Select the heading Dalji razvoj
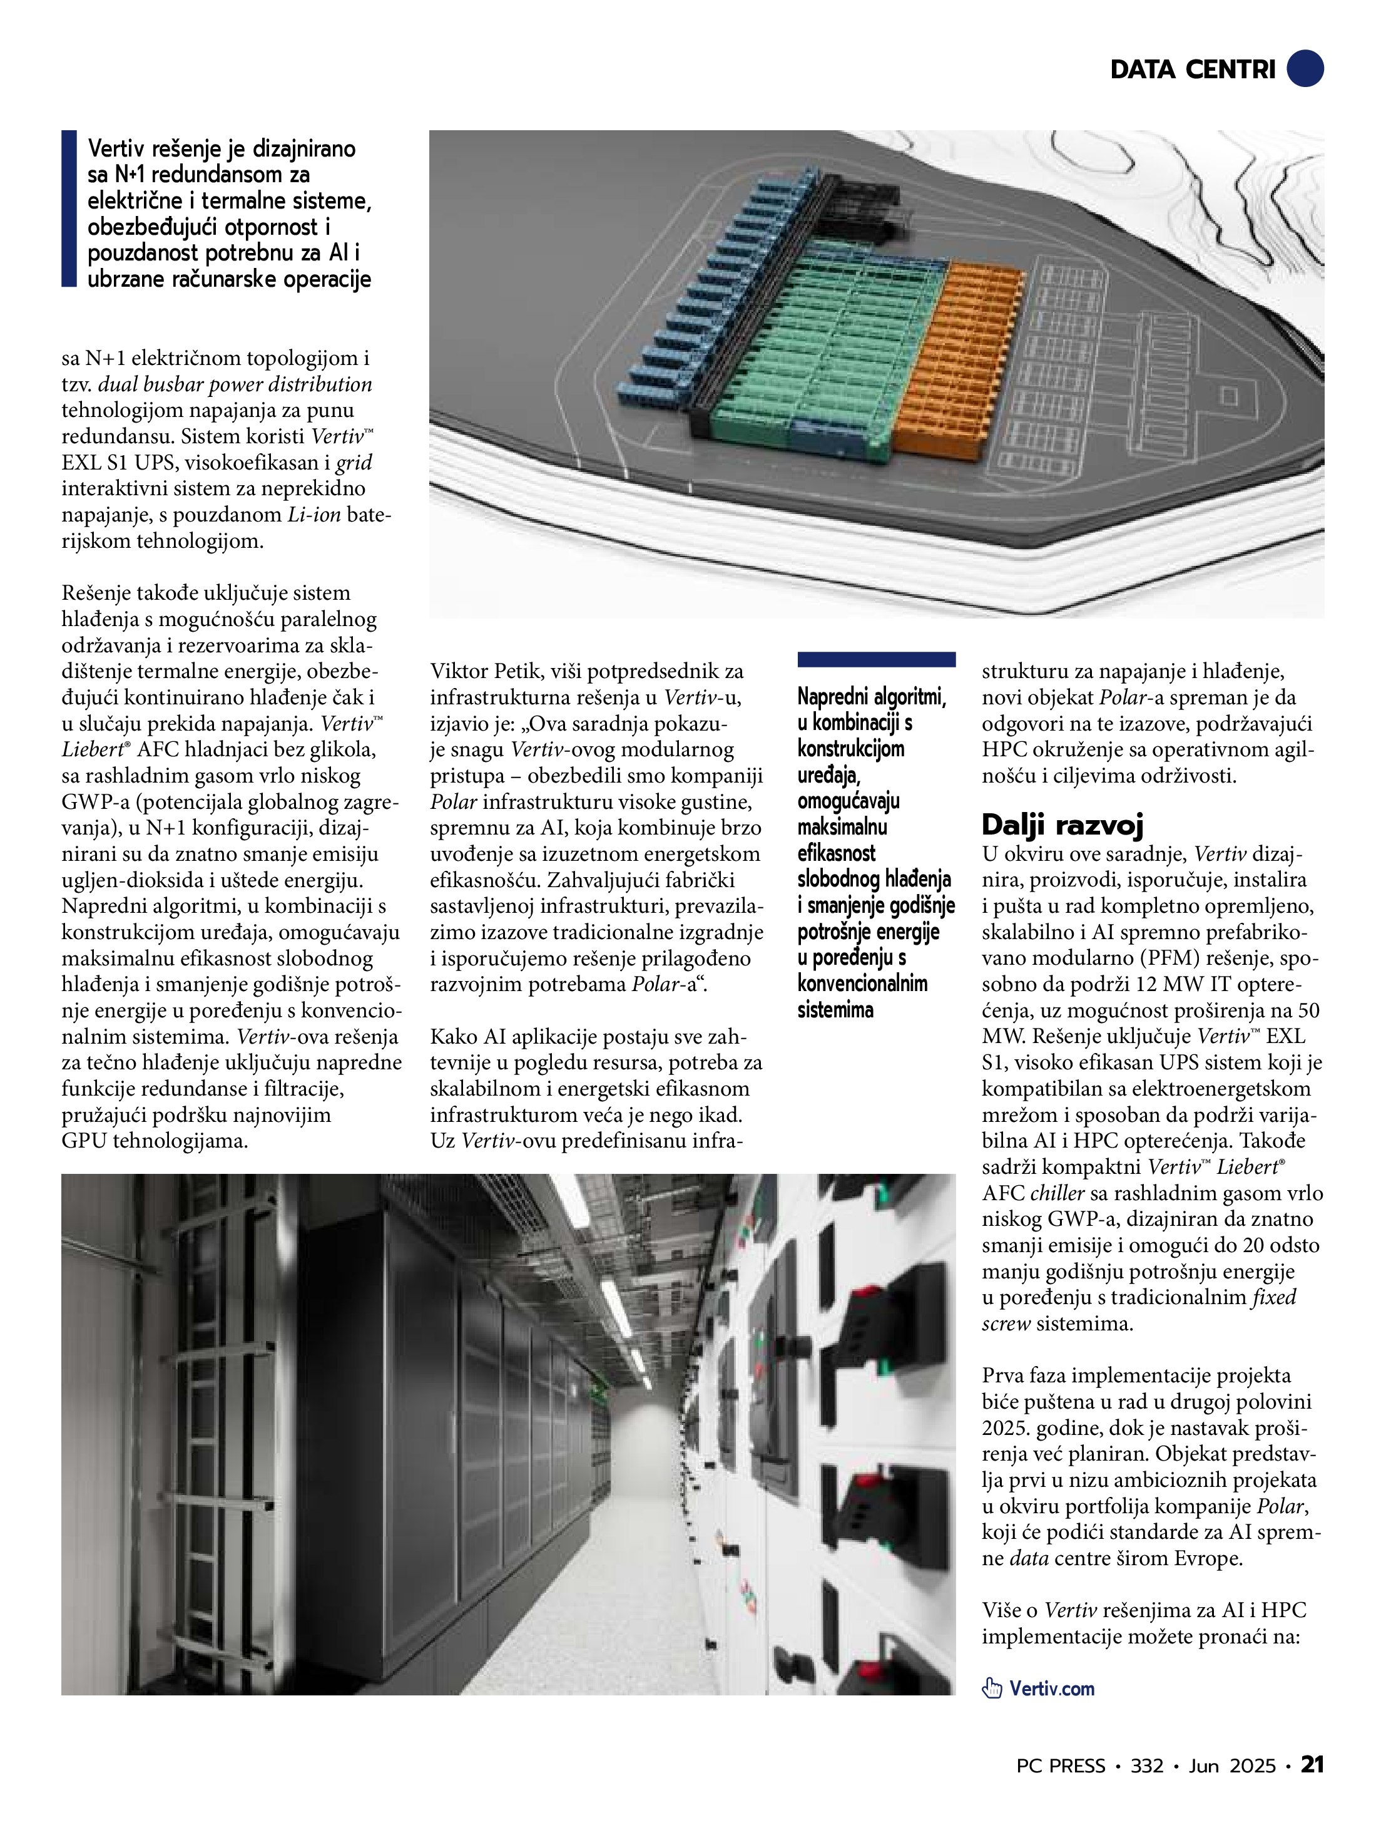(x=1062, y=825)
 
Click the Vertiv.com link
(x=1051, y=1689)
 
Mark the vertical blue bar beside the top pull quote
(x=69, y=208)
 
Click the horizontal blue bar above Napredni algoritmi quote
(x=876, y=659)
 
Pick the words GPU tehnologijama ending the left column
(x=155, y=1141)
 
